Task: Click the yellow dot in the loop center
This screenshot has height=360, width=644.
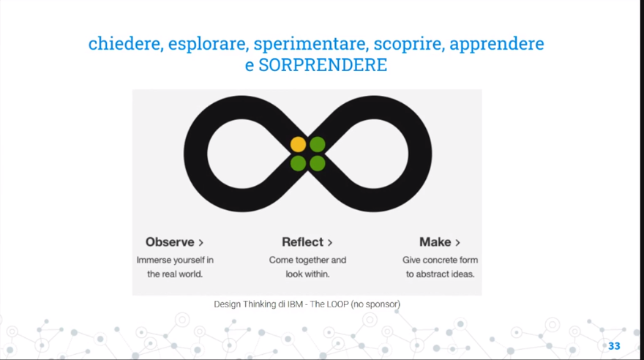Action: coord(298,144)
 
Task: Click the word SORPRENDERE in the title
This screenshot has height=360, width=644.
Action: coord(323,65)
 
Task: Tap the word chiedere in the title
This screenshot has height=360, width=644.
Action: coord(125,44)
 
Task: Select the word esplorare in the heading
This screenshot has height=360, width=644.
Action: coord(208,44)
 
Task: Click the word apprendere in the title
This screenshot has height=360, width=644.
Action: coord(497,44)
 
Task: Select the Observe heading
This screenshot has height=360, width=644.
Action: coord(170,242)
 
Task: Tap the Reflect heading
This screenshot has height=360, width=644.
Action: coord(302,242)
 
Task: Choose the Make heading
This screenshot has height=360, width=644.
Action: coord(435,242)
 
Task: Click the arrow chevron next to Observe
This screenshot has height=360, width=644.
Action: coord(201,242)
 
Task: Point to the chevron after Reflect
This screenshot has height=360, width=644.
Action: coord(330,242)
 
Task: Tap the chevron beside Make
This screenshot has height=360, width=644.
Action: coord(458,242)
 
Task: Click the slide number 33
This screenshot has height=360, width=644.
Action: coord(614,345)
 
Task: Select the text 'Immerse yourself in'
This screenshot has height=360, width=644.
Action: coord(175,260)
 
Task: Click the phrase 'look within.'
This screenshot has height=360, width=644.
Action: coord(307,274)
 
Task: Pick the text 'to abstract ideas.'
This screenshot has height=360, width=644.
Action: coord(441,274)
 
